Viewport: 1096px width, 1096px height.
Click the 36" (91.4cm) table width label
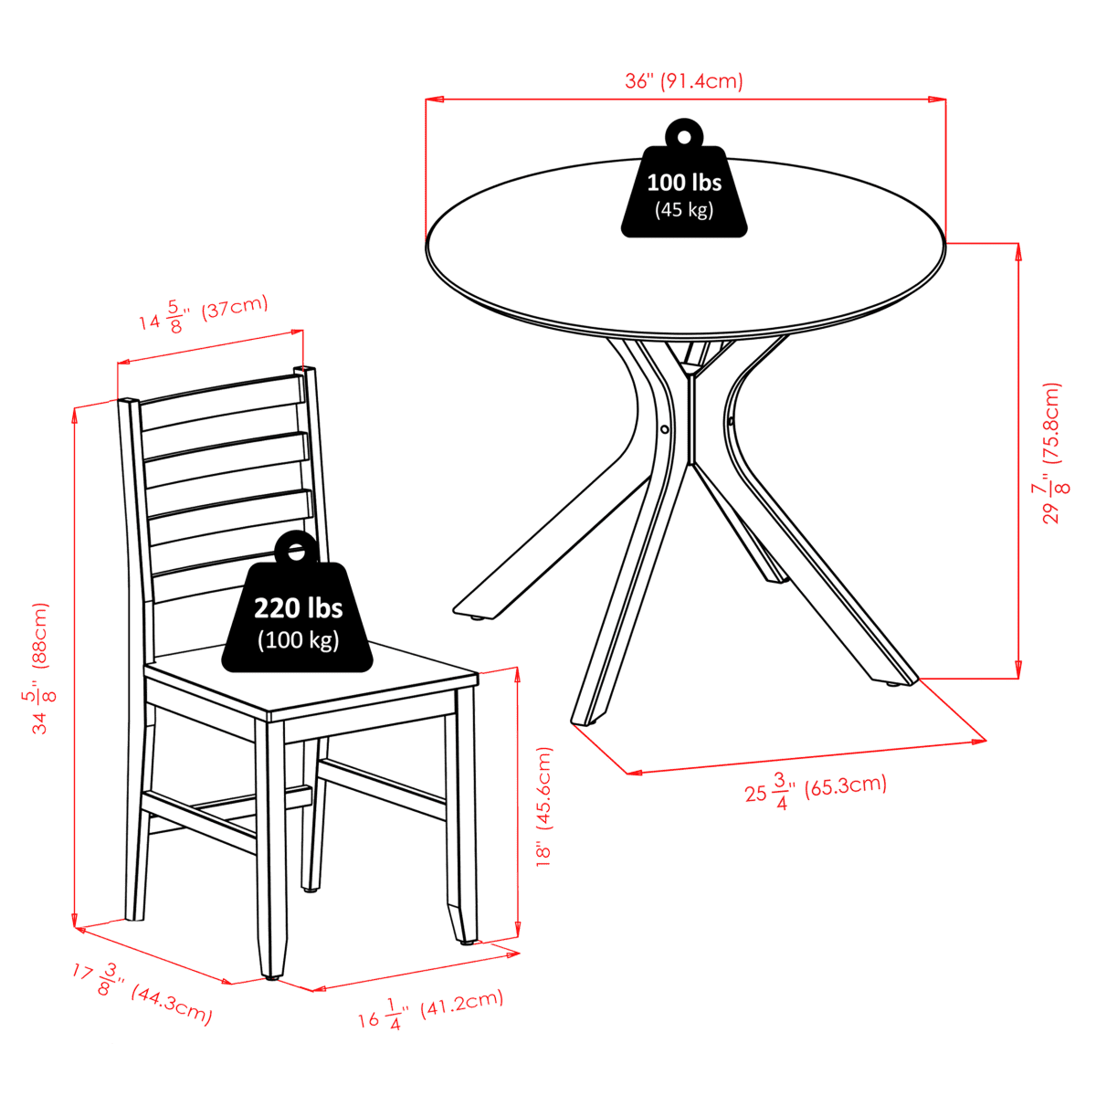coord(684,81)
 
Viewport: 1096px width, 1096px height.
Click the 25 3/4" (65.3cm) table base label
coord(816,791)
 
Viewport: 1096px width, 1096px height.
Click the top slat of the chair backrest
coord(221,402)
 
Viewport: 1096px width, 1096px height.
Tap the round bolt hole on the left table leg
coord(664,428)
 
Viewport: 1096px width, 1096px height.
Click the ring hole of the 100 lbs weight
coord(684,137)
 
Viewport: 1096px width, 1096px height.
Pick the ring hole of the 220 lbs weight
coord(296,551)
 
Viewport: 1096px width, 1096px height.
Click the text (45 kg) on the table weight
coord(684,210)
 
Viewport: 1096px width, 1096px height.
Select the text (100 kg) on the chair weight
coord(298,639)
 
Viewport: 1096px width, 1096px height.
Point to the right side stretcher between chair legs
coord(382,789)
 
